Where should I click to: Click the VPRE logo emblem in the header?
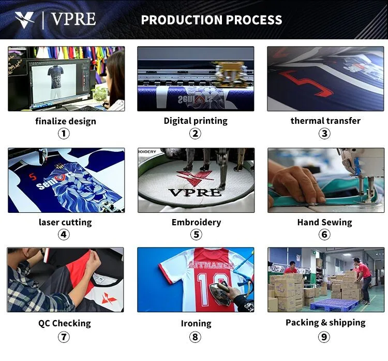click(24, 20)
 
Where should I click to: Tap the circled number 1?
click(64, 134)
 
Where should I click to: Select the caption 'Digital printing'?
click(196, 121)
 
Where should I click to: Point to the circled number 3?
click(324, 134)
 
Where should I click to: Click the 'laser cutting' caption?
click(65, 222)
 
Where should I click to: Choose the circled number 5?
click(196, 235)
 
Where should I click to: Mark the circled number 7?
click(64, 337)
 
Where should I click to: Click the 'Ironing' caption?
click(196, 324)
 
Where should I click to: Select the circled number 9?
click(324, 337)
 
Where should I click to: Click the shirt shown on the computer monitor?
click(55, 77)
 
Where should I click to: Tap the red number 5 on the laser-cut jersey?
click(33, 177)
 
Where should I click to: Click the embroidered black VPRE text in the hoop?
click(195, 193)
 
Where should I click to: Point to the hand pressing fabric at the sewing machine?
click(297, 183)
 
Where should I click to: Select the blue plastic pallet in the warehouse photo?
click(334, 304)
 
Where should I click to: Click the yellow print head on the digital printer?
click(231, 72)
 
